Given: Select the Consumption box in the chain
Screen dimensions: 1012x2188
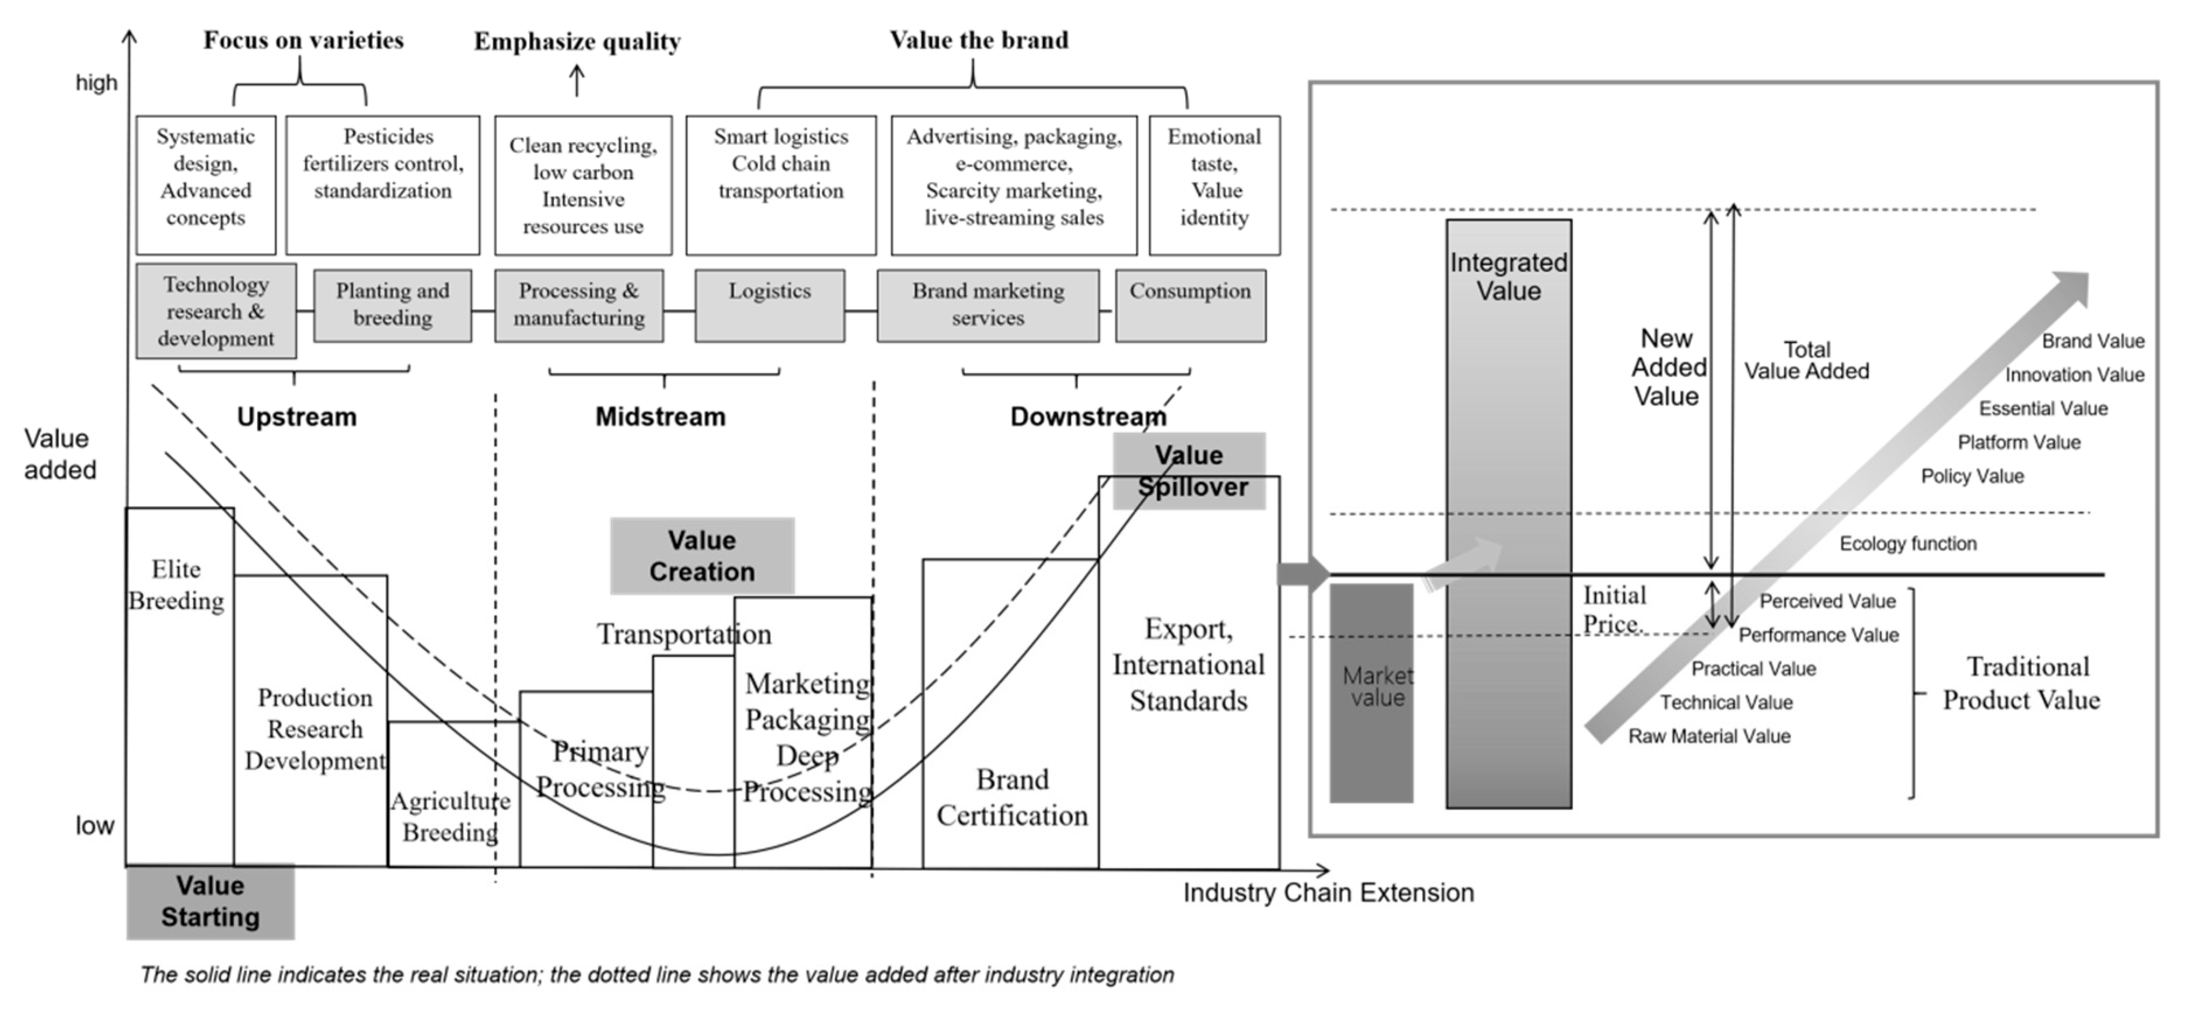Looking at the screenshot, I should [x=1190, y=306].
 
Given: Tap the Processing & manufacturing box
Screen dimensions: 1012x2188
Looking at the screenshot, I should [x=578, y=306].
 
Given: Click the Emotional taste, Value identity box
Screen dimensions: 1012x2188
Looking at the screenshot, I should [x=1214, y=185].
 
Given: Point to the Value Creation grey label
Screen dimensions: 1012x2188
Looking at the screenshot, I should [x=702, y=556].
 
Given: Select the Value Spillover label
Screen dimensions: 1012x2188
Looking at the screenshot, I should [x=1189, y=471].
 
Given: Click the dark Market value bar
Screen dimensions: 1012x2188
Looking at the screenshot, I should [x=1371, y=692].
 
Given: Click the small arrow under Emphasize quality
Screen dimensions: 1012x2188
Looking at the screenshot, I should [x=577, y=82].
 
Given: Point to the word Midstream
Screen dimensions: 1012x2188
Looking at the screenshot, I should [x=660, y=417].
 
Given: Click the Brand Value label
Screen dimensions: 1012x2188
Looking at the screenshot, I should [x=2093, y=341].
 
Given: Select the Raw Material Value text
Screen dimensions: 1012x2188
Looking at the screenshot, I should [x=1709, y=736].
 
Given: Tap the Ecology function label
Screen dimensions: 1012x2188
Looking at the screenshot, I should [x=1908, y=544].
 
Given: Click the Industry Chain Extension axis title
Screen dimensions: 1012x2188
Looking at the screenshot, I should [x=1328, y=893].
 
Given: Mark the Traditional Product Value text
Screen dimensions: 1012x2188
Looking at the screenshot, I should [x=2022, y=684].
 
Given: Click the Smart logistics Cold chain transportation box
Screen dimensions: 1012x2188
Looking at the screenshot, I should [x=780, y=185].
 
